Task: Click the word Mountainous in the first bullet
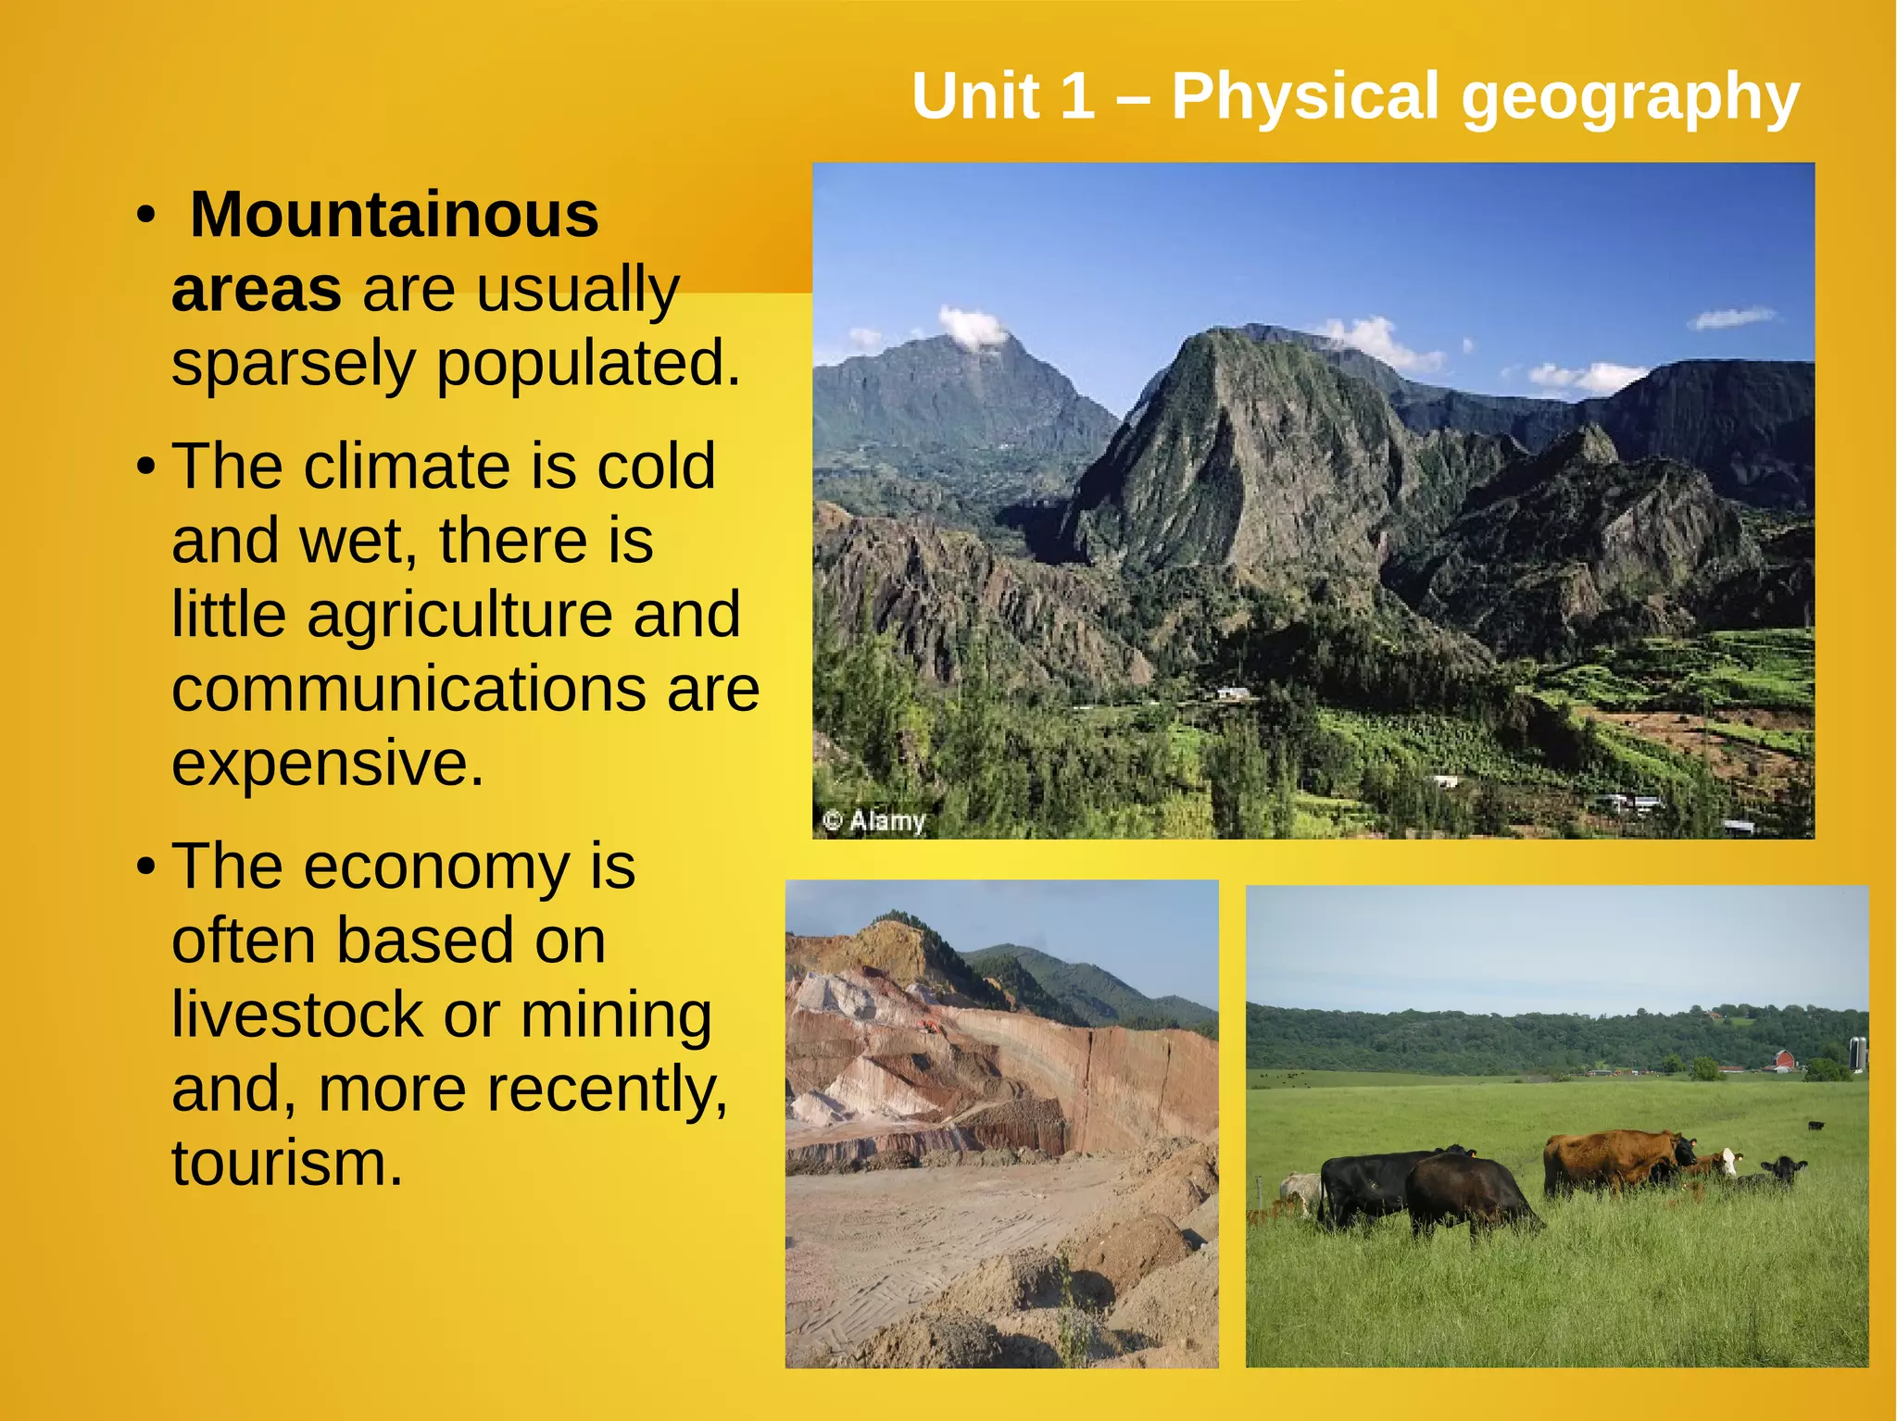(395, 216)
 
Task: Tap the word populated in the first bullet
(588, 363)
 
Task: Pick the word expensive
(328, 764)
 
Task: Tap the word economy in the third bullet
(436, 867)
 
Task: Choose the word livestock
(297, 1016)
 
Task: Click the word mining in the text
(616, 1016)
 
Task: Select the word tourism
(287, 1164)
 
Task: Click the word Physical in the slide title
(1307, 95)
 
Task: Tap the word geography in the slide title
(1631, 97)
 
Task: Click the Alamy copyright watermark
(875, 820)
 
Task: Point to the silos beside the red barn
(1857, 1053)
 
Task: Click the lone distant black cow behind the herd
(1816, 1126)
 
